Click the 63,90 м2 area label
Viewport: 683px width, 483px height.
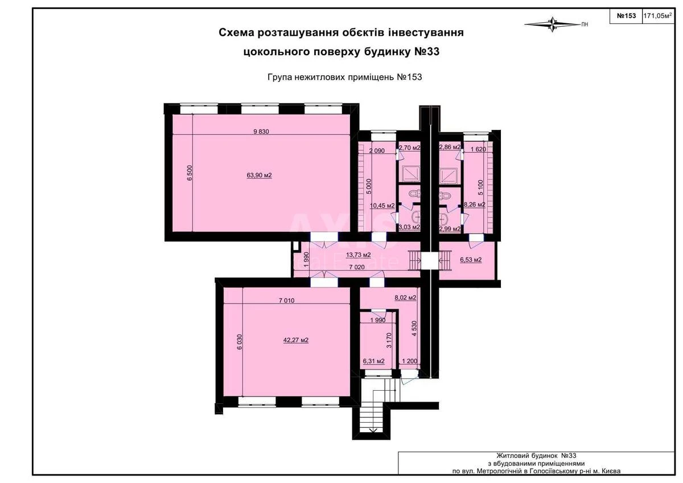point(259,175)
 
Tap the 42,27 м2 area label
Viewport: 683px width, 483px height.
point(296,341)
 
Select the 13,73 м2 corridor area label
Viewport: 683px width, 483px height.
point(359,255)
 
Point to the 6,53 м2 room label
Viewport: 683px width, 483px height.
point(470,260)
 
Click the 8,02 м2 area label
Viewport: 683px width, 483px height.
point(405,297)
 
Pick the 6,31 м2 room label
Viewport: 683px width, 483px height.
point(374,361)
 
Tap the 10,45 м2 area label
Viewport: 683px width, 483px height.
point(382,206)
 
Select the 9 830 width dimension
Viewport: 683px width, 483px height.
point(261,132)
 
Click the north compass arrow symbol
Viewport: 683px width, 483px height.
point(552,24)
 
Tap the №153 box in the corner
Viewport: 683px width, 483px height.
point(626,16)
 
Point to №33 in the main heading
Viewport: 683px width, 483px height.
point(425,52)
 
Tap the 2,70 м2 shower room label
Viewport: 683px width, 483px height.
point(409,148)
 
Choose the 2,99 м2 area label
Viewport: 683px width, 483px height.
point(449,228)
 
